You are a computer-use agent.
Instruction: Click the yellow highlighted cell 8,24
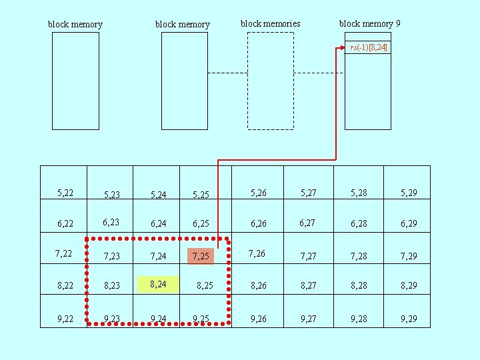(159, 285)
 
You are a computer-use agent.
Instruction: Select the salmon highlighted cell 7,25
(201, 255)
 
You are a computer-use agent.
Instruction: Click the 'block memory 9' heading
(369, 24)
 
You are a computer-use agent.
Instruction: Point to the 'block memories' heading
(270, 24)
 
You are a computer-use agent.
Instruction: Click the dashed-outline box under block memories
(270, 81)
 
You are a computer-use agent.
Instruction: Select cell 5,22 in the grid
(65, 193)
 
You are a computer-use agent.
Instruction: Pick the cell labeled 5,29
(409, 193)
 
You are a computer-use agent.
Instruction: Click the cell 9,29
(409, 319)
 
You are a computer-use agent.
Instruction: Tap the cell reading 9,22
(65, 319)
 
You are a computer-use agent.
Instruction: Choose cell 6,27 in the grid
(308, 223)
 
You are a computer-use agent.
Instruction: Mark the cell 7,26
(257, 253)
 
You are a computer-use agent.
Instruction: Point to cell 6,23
(111, 223)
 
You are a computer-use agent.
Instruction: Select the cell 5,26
(258, 193)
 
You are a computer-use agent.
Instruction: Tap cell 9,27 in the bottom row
(308, 319)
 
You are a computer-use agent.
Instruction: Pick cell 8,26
(258, 286)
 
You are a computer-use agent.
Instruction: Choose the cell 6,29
(409, 223)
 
